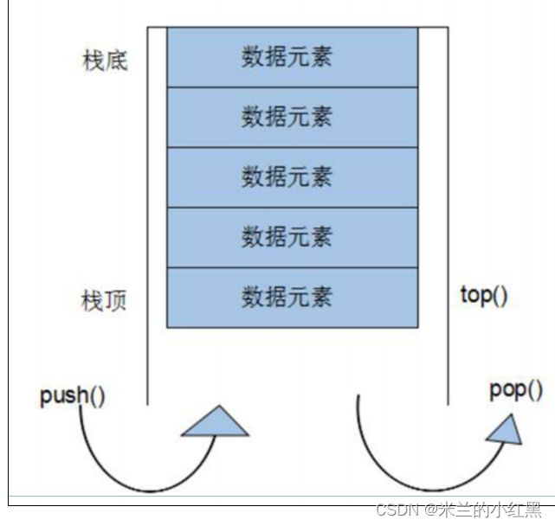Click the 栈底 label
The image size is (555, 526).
tap(103, 61)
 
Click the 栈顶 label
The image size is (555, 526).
tap(103, 302)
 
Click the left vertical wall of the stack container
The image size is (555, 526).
tap(147, 216)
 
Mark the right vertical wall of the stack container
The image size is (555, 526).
tap(448, 216)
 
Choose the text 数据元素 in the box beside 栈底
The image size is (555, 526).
tap(287, 57)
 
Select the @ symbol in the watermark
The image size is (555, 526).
tap(430, 510)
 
